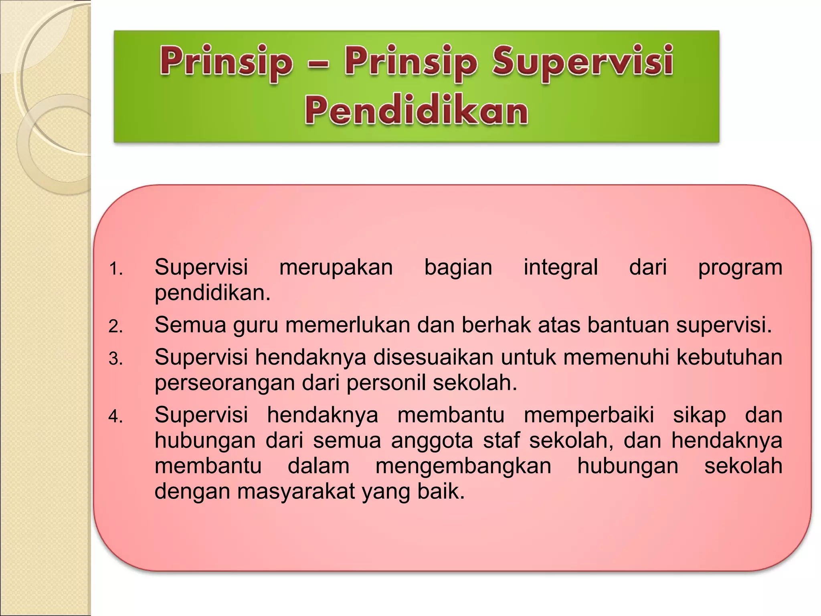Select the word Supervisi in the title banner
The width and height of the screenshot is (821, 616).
tap(582, 62)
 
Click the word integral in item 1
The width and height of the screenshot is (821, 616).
tap(560, 267)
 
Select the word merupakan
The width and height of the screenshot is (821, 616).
tap(336, 268)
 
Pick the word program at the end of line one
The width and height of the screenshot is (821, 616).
tap(740, 268)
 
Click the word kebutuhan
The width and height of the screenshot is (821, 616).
tap(729, 357)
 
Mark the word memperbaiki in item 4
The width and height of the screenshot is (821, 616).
tap(588, 415)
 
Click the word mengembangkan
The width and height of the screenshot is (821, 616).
tap(463, 467)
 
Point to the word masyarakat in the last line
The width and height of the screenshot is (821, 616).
tap(296, 491)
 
